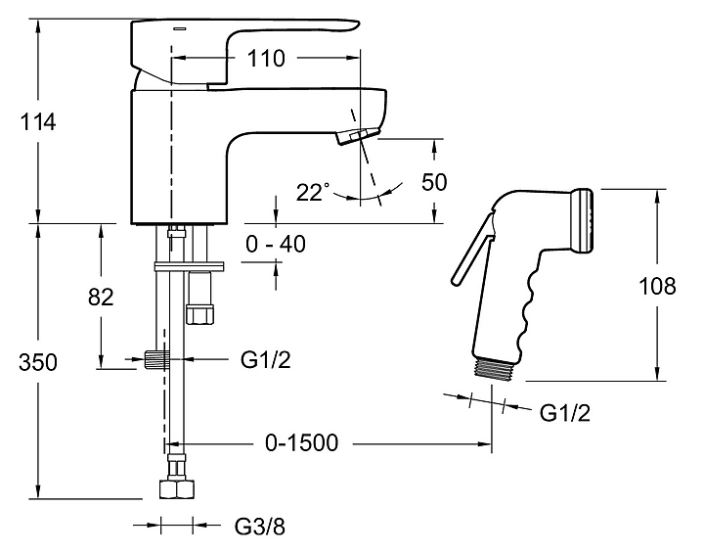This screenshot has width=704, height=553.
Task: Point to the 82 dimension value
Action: pos(101,297)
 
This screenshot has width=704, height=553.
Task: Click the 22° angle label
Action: pos(314,193)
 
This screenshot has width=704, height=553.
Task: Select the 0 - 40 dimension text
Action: pos(276,244)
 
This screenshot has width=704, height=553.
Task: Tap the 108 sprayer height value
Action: pos(656,286)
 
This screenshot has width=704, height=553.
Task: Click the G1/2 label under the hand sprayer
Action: pos(565,411)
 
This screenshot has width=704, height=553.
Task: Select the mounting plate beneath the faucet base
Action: pos(190,264)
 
